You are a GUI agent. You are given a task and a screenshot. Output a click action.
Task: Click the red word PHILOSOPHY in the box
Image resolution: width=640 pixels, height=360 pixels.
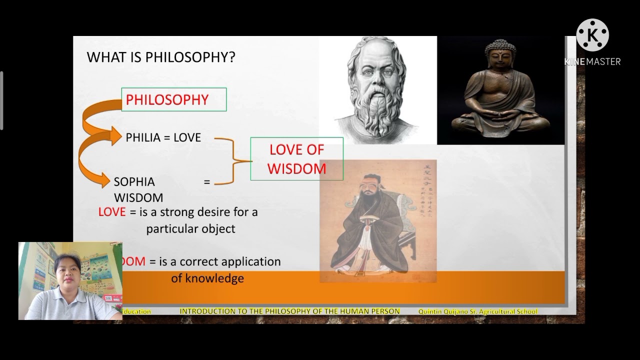pyautogui.click(x=167, y=99)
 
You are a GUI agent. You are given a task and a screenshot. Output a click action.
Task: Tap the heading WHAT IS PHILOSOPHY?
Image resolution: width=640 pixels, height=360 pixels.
pyautogui.click(x=161, y=57)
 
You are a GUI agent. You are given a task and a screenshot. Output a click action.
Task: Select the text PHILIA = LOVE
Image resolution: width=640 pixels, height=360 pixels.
pyautogui.click(x=163, y=137)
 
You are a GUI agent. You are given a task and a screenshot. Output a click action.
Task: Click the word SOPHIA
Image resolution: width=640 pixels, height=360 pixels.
pyautogui.click(x=134, y=181)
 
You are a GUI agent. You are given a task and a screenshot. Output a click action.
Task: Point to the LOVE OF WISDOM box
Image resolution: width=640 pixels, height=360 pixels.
pyautogui.click(x=296, y=159)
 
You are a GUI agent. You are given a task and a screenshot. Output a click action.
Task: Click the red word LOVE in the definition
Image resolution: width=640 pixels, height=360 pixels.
pyautogui.click(x=111, y=212)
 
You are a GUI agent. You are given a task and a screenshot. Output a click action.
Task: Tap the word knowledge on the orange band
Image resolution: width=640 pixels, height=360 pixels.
pyautogui.click(x=207, y=278)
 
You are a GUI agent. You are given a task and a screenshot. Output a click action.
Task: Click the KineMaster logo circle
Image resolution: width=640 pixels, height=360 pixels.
pyautogui.click(x=592, y=35)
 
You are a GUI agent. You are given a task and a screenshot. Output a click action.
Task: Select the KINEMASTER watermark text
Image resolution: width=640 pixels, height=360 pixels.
pyautogui.click(x=592, y=61)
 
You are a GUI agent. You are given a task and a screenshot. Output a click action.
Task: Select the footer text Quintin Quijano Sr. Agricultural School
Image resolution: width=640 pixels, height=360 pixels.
pyautogui.click(x=477, y=311)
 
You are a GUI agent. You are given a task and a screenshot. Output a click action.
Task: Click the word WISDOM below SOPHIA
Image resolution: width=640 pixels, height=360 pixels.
pyautogui.click(x=138, y=197)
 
